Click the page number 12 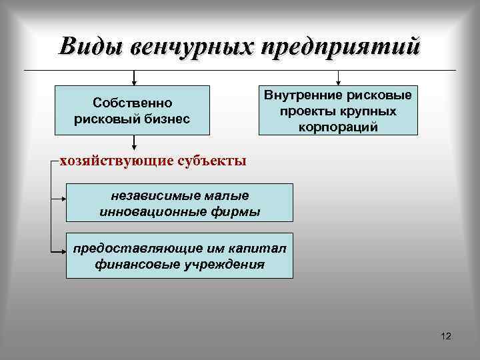(446, 336)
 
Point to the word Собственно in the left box (132, 103)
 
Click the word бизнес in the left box (165, 119)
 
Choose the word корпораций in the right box (339, 126)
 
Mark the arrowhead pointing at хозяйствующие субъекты (135, 148)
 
